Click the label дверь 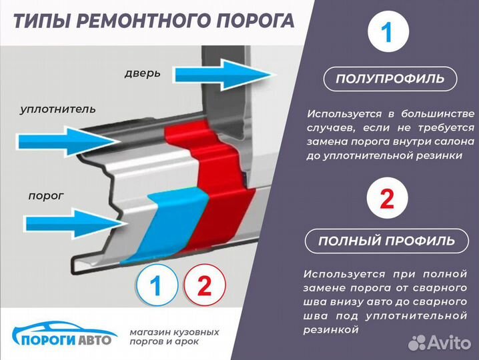pyautogui.click(x=142, y=73)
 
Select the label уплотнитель pyautogui.click(x=58, y=108)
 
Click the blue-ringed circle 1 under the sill pyautogui.click(x=157, y=286)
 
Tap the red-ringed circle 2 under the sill pyautogui.click(x=204, y=286)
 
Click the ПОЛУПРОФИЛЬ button pyautogui.click(x=389, y=79)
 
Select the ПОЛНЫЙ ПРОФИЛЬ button pyautogui.click(x=387, y=241)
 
